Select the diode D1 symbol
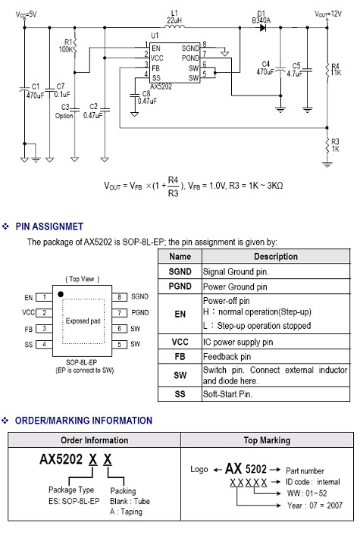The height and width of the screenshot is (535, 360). pos(263,27)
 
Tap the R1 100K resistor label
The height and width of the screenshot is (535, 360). pos(65,45)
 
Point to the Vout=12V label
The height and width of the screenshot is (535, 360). pos(328,14)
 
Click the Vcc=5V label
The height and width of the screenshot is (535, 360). pos(26,14)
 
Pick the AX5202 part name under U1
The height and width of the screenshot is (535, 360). pos(161,87)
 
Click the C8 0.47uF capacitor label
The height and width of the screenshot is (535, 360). pos(147,97)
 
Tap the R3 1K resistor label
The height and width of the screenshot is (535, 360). pos(336,145)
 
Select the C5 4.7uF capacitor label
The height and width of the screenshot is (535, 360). pos(295,70)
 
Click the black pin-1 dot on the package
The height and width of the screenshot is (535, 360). pos(61,294)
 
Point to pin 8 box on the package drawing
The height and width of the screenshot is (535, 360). pos(120,297)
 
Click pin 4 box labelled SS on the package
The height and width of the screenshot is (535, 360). pos(44,344)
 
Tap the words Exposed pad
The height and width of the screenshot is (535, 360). pos(83,321)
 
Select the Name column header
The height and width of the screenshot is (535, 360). pos(180,257)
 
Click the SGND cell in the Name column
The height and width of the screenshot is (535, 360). pos(180,271)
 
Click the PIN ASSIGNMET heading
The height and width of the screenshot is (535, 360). pos(49,227)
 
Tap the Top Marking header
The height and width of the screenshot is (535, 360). pos(267,440)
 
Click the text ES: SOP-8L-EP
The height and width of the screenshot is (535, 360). pos(74,501)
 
